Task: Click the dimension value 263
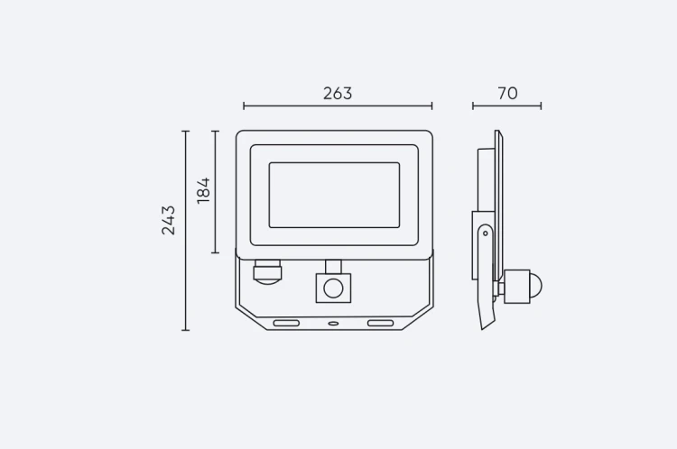pyautogui.click(x=338, y=93)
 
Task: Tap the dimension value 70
pyautogui.click(x=507, y=93)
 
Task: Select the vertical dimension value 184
pyautogui.click(x=203, y=190)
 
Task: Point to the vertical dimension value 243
pyautogui.click(x=169, y=220)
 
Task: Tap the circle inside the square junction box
pyautogui.click(x=333, y=289)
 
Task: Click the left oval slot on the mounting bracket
pyautogui.click(x=286, y=323)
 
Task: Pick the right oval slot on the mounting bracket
pyautogui.click(x=380, y=323)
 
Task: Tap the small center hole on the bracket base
pyautogui.click(x=333, y=323)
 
